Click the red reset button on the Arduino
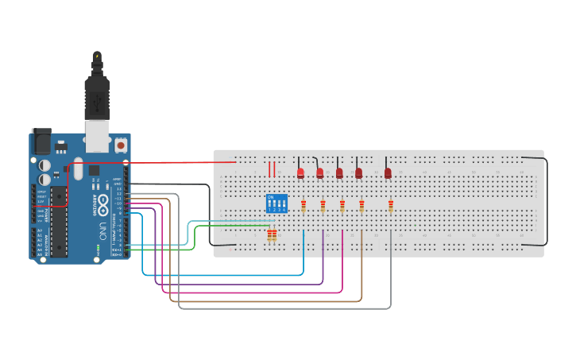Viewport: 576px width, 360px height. (x=121, y=145)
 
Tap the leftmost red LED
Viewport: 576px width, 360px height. (x=300, y=172)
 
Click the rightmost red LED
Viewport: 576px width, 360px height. (x=389, y=172)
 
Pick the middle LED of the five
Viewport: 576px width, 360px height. (x=339, y=172)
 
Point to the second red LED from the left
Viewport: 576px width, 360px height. (x=320, y=172)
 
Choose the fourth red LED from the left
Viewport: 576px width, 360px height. (x=358, y=172)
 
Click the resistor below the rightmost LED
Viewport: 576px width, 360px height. (x=391, y=207)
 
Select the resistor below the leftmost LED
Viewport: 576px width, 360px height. (x=303, y=207)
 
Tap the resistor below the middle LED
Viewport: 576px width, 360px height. (x=342, y=207)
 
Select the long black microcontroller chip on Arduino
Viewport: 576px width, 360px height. (x=58, y=222)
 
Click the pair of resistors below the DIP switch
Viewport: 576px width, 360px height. (x=273, y=234)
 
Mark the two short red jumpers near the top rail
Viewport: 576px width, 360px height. (x=272, y=168)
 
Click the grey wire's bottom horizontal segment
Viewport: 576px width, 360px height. (x=286, y=308)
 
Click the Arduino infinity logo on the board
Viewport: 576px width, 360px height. (x=102, y=203)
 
